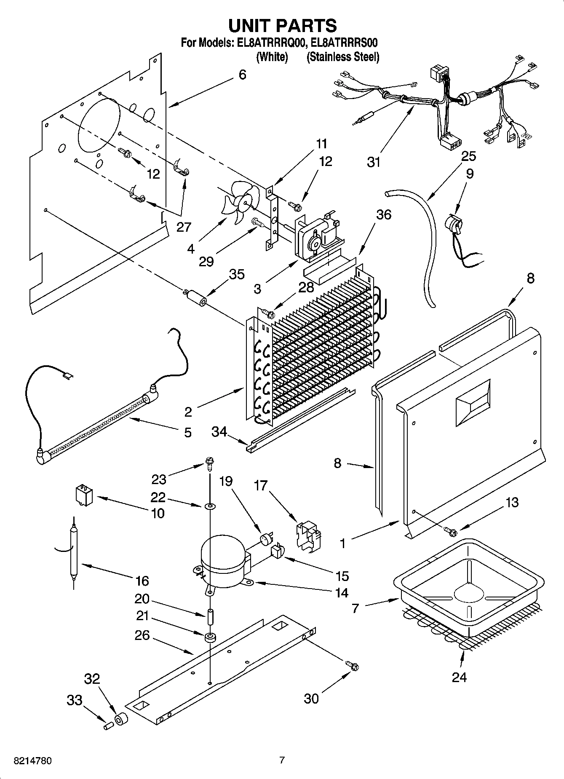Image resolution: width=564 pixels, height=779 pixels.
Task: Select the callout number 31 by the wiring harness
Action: pos(374,162)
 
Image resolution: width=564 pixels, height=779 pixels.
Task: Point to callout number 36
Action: pos(383,214)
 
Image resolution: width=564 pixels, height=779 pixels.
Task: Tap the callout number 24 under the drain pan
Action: pos(459,677)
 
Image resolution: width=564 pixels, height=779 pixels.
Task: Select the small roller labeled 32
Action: pos(121,720)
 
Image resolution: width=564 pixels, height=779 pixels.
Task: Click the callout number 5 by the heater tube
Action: pos(187,432)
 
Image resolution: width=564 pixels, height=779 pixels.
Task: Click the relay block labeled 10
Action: pos(84,494)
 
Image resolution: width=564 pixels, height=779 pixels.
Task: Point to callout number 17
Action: pos(261,486)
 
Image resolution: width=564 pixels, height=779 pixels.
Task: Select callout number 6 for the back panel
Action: pos(242,75)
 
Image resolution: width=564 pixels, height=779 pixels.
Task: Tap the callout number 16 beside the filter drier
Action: pos(142,581)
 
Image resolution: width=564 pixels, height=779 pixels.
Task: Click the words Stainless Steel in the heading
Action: pos(343,57)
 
